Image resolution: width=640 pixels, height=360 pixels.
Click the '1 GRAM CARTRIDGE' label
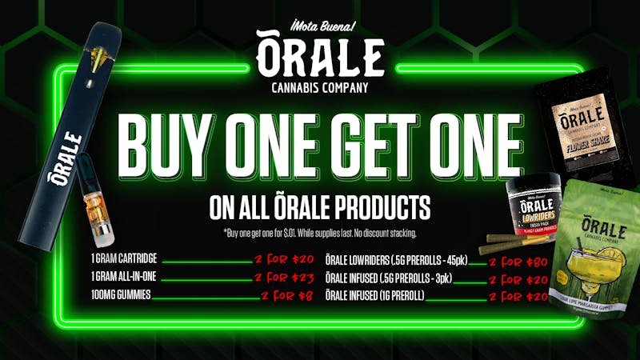pos(125,260)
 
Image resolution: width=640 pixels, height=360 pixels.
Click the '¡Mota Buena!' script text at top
pos(320,24)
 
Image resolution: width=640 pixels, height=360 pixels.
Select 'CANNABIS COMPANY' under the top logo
pos(320,86)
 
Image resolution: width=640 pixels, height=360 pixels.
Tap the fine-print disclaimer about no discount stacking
pos(320,233)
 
